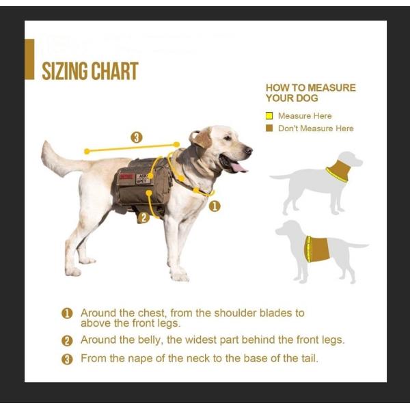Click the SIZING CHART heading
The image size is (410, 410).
tap(90, 71)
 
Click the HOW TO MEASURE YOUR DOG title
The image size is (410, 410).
tap(310, 93)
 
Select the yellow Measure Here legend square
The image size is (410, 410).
tap(269, 116)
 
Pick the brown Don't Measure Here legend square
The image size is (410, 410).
tap(269, 128)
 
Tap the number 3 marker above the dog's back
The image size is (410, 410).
tap(137, 137)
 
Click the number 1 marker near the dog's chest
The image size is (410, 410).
tap(215, 205)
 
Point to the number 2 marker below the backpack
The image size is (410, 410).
tap(142, 218)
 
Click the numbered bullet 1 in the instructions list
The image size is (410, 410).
tap(67, 314)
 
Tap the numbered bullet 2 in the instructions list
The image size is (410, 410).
tap(67, 340)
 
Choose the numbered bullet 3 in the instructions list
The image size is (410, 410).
tap(67, 359)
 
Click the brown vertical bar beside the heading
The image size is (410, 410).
tap(29, 59)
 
